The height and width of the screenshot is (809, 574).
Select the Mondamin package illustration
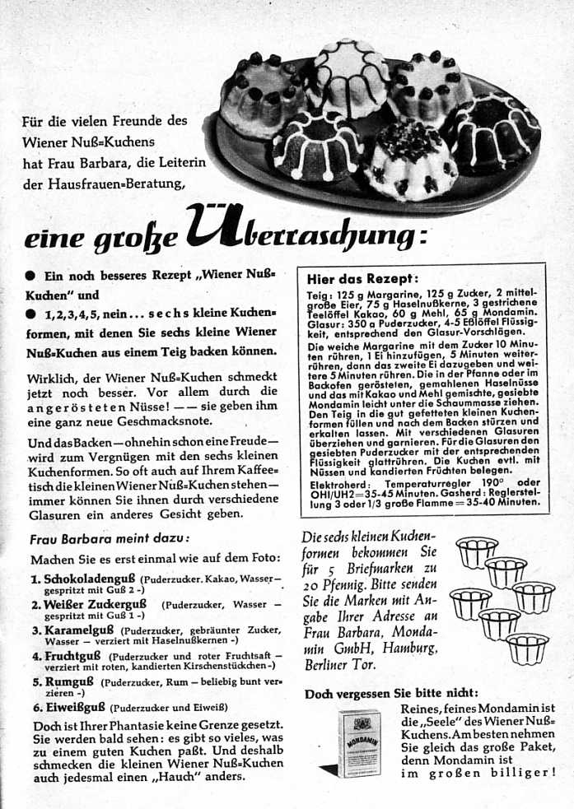click(x=361, y=742)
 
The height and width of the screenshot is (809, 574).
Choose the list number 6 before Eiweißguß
click(x=36, y=706)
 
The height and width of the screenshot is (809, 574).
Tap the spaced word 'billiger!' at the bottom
click(x=520, y=773)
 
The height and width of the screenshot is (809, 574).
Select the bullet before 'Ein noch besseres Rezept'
click(x=30, y=277)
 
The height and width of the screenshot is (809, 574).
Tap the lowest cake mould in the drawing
click(x=526, y=647)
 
